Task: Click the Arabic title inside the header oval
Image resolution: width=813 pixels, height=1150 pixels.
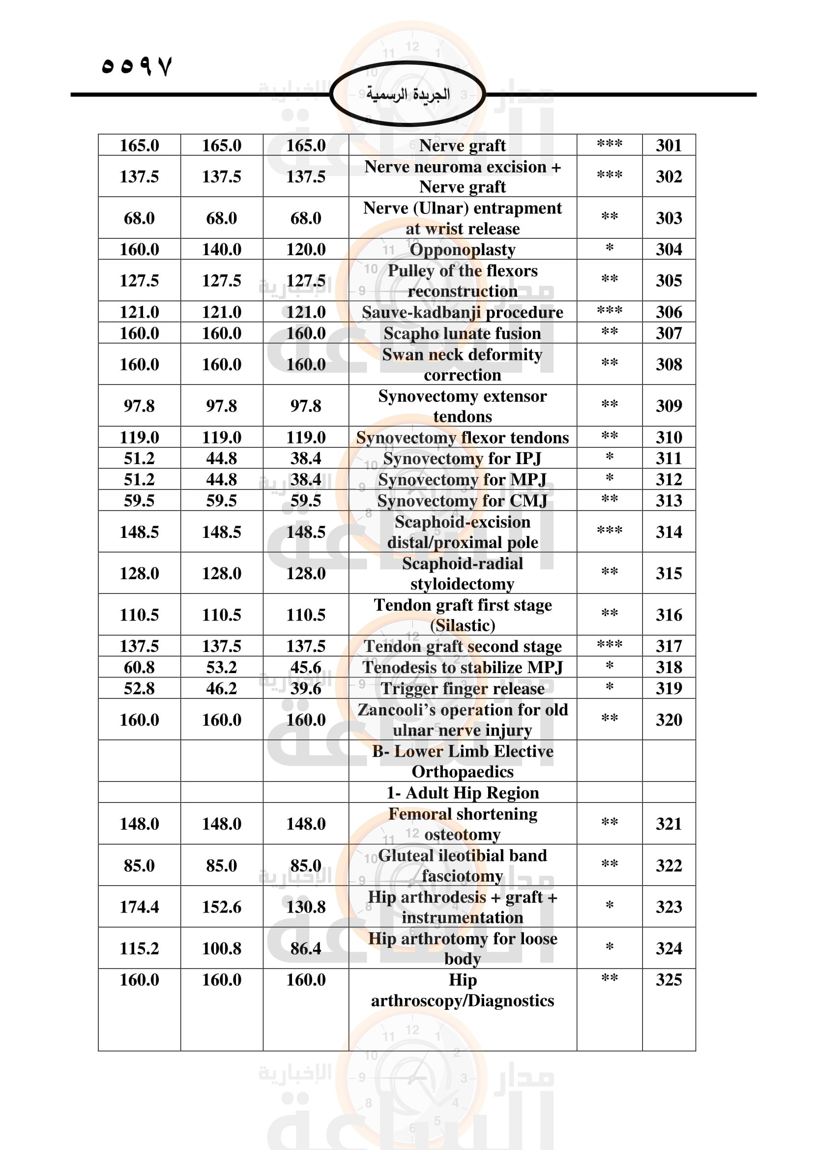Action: (x=407, y=94)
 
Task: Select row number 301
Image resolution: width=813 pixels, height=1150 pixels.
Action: (x=668, y=145)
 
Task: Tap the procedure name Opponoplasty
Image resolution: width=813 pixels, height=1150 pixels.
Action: (x=462, y=249)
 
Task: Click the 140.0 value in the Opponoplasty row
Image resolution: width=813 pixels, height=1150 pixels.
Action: (x=221, y=249)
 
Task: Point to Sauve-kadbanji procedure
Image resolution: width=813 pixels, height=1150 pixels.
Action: (x=462, y=312)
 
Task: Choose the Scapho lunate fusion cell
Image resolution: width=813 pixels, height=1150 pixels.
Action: (x=462, y=333)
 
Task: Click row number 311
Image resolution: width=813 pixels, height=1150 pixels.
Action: (x=668, y=458)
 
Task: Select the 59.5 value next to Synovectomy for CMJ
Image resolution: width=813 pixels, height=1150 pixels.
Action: (x=305, y=501)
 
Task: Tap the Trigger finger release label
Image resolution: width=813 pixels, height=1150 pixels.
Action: (x=462, y=689)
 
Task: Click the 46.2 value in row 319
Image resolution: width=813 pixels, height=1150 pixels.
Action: (x=221, y=689)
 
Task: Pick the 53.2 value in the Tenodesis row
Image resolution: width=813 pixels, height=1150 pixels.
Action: (x=221, y=667)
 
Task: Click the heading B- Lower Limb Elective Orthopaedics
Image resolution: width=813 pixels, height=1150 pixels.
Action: (x=462, y=761)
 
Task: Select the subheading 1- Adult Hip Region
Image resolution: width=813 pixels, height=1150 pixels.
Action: (x=462, y=793)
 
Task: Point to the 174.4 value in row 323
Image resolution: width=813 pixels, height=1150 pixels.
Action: (x=139, y=907)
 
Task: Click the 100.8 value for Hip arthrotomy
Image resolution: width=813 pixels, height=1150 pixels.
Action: (x=221, y=948)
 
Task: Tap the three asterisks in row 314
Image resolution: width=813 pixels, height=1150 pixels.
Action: (x=609, y=531)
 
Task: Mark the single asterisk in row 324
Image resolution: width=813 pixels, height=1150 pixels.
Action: (x=609, y=947)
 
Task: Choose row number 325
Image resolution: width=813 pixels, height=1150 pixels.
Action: (x=668, y=980)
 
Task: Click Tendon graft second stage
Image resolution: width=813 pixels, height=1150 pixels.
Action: (x=462, y=646)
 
